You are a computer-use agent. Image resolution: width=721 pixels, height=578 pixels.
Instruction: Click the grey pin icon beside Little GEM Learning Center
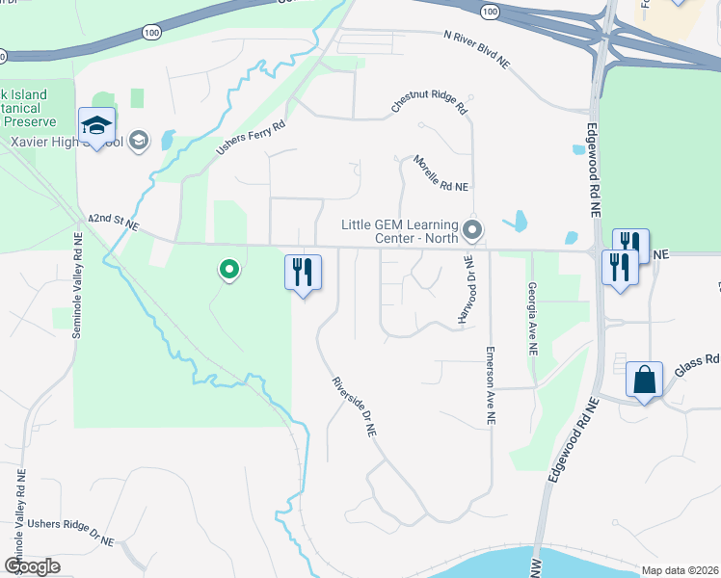tap(472, 229)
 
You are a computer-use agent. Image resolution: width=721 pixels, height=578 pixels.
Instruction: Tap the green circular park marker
tap(229, 271)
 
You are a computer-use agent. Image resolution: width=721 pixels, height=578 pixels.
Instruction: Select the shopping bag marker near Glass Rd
tap(644, 380)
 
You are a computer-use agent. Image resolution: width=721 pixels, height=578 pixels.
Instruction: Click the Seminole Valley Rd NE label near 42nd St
tap(77, 290)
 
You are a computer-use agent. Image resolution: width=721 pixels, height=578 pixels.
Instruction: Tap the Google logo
tap(32, 566)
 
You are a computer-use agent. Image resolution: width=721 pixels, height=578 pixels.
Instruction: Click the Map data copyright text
tap(679, 569)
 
